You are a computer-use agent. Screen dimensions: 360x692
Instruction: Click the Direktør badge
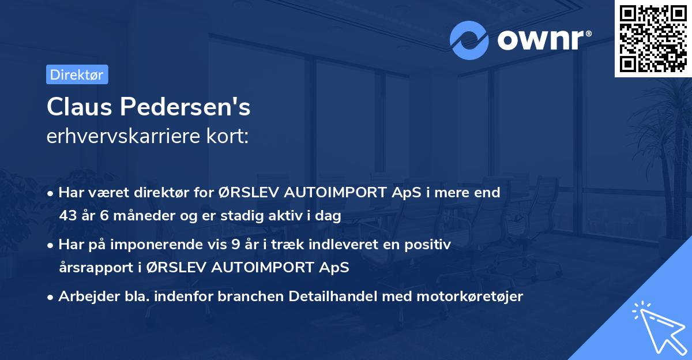pos(77,74)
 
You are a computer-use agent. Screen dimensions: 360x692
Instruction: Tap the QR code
pos(653,39)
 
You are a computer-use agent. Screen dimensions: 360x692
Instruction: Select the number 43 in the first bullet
pos(69,216)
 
